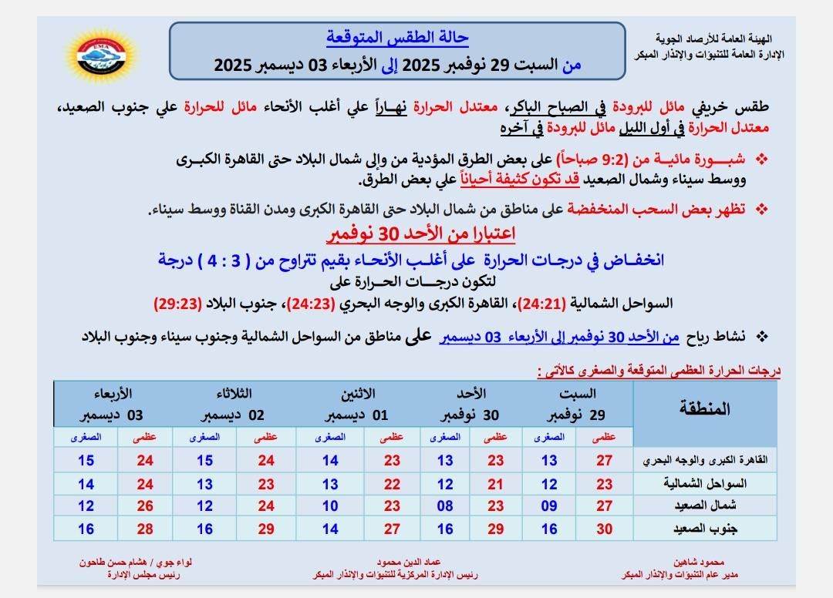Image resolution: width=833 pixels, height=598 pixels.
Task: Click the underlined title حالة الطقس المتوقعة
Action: point(397,37)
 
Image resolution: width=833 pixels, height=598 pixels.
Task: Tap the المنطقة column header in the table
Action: point(704,408)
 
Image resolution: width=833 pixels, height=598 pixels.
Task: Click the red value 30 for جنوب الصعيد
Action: point(605,529)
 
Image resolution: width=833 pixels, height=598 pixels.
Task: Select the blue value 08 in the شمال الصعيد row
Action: point(445,506)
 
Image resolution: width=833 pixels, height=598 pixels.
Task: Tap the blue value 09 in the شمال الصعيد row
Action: point(548,506)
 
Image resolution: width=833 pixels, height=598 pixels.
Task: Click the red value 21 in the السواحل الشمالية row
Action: point(495,484)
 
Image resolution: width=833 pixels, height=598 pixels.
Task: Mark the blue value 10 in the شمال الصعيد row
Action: point(330,506)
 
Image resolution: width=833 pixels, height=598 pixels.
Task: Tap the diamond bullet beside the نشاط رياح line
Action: point(763,337)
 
